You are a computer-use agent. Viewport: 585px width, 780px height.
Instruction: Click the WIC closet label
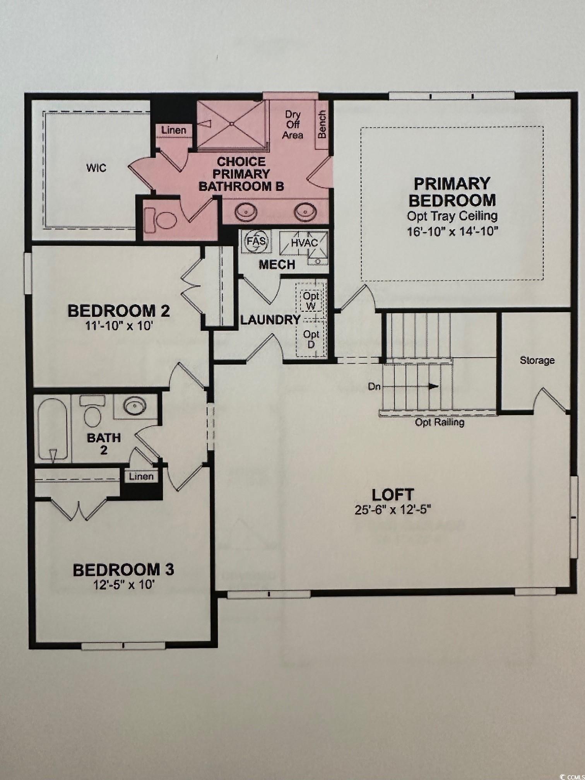pyautogui.click(x=96, y=168)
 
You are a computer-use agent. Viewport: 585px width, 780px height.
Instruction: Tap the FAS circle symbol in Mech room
pyautogui.click(x=257, y=241)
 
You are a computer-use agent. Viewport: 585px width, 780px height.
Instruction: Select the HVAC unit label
pyautogui.click(x=304, y=243)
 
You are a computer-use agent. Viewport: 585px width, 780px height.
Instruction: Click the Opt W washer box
pyautogui.click(x=311, y=301)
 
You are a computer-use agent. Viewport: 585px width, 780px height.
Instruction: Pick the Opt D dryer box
pyautogui.click(x=311, y=339)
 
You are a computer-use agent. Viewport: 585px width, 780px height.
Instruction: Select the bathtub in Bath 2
pyautogui.click(x=53, y=430)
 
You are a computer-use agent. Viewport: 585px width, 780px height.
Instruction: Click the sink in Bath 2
pyautogui.click(x=135, y=406)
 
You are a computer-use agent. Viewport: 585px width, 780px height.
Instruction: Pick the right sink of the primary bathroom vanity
pyautogui.click(x=305, y=211)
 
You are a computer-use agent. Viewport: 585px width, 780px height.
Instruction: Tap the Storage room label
pyautogui.click(x=537, y=360)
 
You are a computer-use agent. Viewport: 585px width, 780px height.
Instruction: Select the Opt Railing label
pyautogui.click(x=440, y=422)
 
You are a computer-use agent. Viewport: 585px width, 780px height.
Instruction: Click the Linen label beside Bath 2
pyautogui.click(x=141, y=476)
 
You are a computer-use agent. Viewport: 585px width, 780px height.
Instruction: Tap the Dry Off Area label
pyautogui.click(x=292, y=125)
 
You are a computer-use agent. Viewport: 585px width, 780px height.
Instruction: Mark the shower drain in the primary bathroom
pyautogui.click(x=232, y=124)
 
